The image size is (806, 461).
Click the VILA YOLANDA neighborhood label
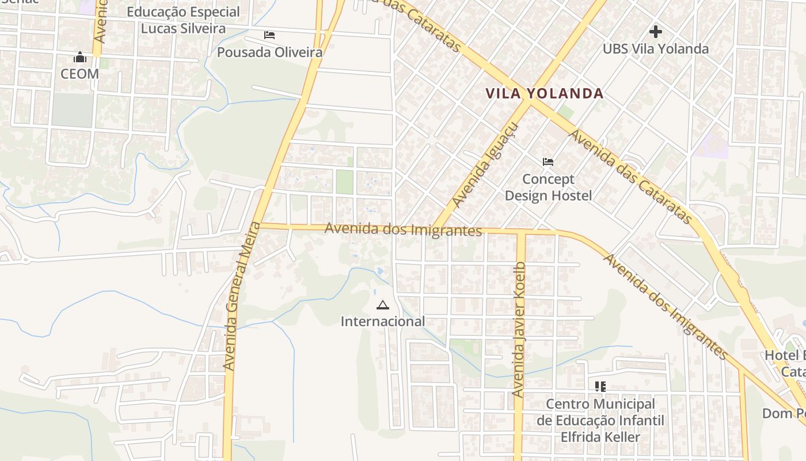544,93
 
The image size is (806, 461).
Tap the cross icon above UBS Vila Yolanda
655,32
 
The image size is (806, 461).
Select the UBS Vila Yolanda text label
655,49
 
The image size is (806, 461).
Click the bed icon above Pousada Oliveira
269,35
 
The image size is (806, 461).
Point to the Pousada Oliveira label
269,52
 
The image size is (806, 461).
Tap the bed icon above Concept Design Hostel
548,162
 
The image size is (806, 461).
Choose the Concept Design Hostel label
548,187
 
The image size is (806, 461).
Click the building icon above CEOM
79,57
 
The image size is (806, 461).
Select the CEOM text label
79,74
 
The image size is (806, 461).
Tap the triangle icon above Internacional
382,305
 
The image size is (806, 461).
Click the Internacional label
383,322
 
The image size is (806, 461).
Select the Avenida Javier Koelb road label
519,329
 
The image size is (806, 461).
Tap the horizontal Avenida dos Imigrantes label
403,229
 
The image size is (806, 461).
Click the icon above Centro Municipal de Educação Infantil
600,386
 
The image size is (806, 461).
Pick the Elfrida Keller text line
600,437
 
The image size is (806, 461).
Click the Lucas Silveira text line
183,28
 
